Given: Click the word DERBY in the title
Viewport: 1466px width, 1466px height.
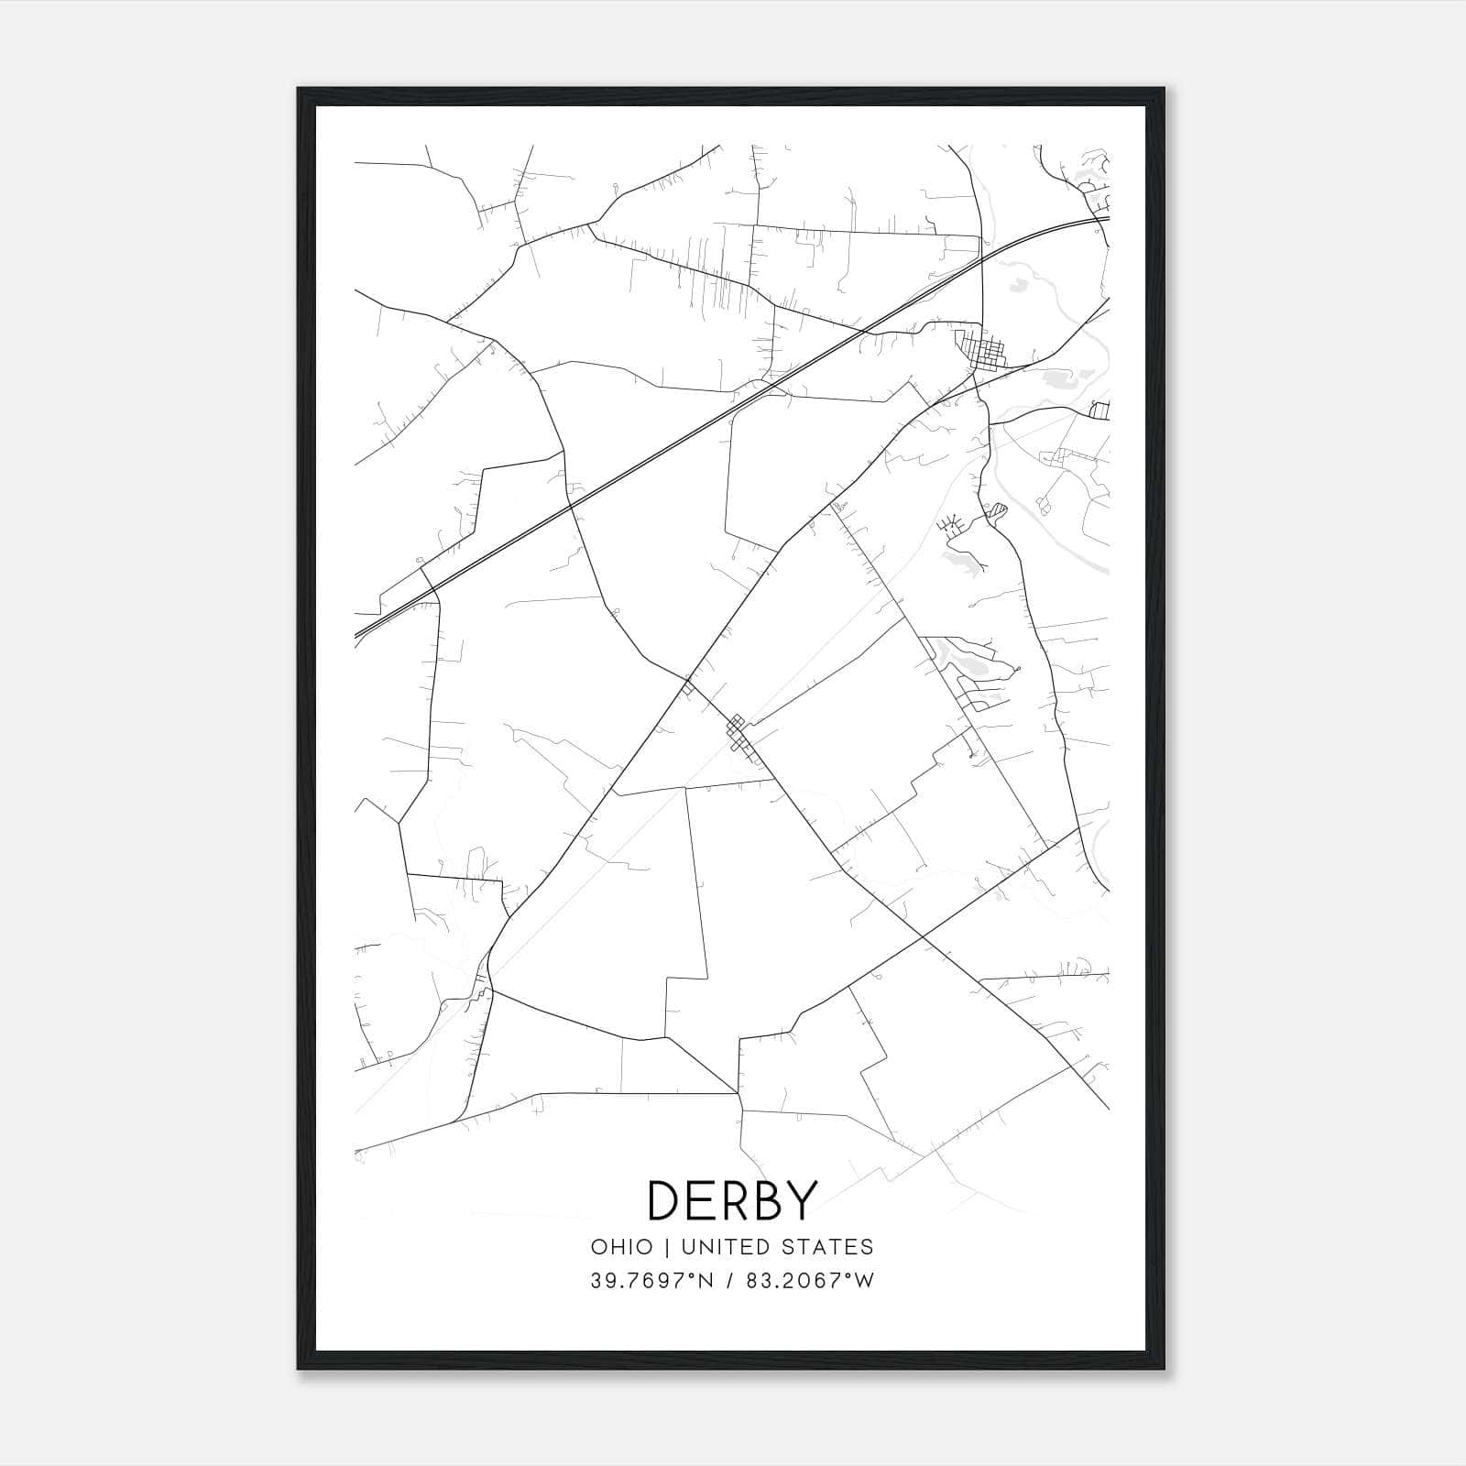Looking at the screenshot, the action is click(x=731, y=1200).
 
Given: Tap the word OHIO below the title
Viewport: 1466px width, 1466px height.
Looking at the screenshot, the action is click(x=622, y=1247).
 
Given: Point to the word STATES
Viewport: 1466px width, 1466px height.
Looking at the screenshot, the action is click(x=828, y=1247).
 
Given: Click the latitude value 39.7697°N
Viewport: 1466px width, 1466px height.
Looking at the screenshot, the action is click(x=651, y=1281).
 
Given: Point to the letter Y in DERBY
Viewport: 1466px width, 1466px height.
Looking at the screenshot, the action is click(x=799, y=1200).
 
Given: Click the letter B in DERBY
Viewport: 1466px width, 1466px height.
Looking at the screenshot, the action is click(x=766, y=1200).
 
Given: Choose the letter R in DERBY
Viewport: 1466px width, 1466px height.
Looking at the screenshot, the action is click(x=733, y=1200).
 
